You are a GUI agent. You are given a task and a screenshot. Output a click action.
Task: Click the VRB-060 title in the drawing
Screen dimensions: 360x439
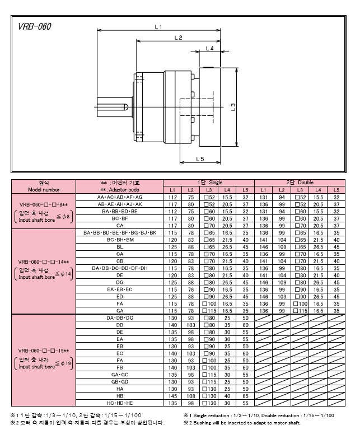[35, 26]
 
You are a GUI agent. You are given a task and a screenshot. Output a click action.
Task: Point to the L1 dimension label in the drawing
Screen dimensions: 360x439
[158, 27]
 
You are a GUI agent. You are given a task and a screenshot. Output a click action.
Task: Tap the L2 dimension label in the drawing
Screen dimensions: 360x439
[178, 38]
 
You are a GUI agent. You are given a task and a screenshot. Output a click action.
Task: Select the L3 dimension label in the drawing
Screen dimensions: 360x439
[233, 107]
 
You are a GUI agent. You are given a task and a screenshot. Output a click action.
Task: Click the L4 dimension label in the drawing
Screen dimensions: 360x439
[209, 48]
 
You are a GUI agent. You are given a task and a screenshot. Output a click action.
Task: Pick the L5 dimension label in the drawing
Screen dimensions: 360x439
[200, 159]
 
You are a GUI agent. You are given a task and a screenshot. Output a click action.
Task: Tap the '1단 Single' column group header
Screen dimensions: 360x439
[209, 183]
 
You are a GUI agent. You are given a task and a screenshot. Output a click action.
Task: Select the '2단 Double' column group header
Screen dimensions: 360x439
[300, 183]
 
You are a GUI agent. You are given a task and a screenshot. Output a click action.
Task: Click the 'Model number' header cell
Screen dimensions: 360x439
[44, 190]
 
